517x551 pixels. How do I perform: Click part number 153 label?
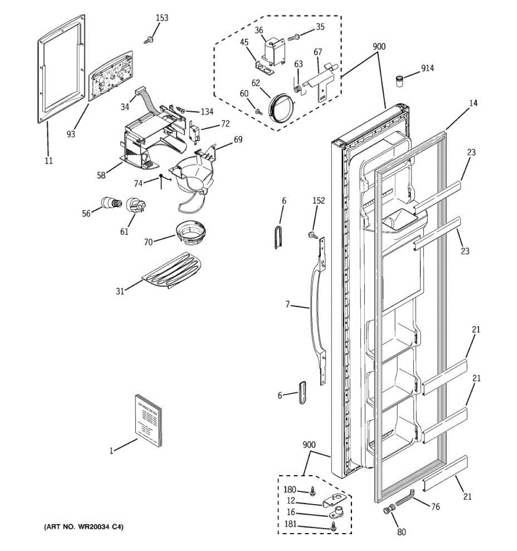[162, 18]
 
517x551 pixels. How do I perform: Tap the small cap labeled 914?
[399, 81]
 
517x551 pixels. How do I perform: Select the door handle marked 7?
[315, 317]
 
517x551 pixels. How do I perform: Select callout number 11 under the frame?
[49, 161]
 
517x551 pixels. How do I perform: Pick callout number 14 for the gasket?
[473, 103]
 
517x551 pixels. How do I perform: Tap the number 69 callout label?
[238, 140]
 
